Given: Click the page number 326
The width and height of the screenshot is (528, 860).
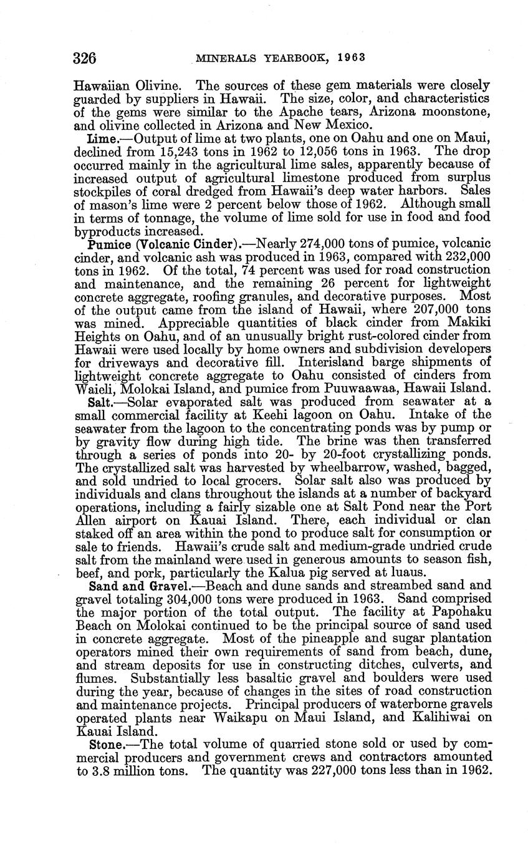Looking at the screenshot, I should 84,59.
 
